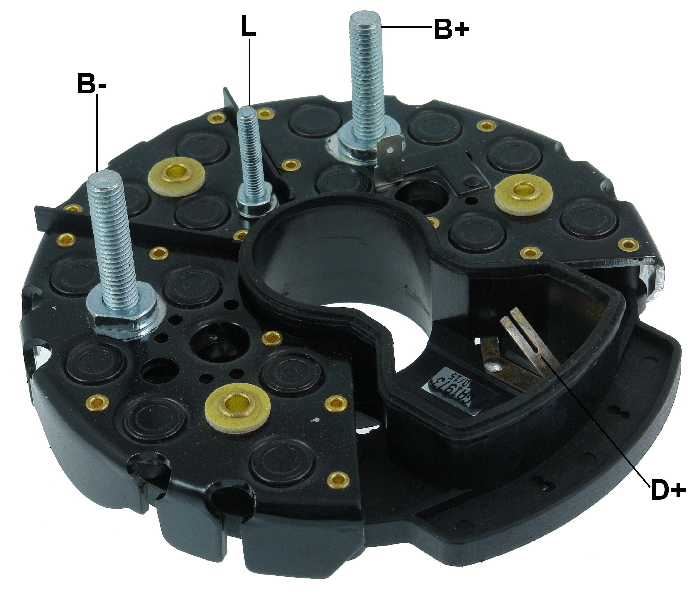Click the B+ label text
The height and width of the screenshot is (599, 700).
pyautogui.click(x=451, y=29)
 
